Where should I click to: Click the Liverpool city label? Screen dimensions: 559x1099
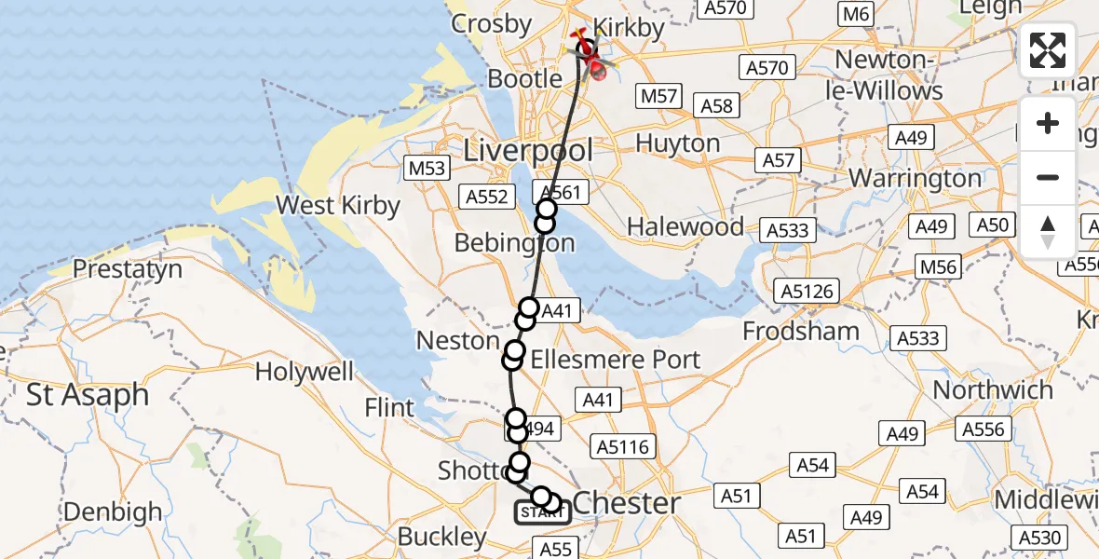tap(528, 149)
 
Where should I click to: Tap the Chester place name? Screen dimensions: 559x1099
tap(626, 503)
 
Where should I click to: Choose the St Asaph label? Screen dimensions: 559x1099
tap(88, 394)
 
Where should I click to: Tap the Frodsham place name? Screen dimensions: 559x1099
tap(801, 331)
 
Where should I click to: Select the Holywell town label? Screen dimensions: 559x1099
tap(304, 372)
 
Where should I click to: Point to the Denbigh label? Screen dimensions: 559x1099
tap(113, 511)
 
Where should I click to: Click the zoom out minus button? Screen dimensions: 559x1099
tap(1048, 178)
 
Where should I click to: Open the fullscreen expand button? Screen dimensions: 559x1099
tap(1048, 50)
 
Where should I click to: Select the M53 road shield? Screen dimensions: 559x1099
tap(427, 168)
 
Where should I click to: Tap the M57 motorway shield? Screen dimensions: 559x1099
tap(659, 96)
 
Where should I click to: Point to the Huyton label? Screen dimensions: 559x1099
tap(677, 143)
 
